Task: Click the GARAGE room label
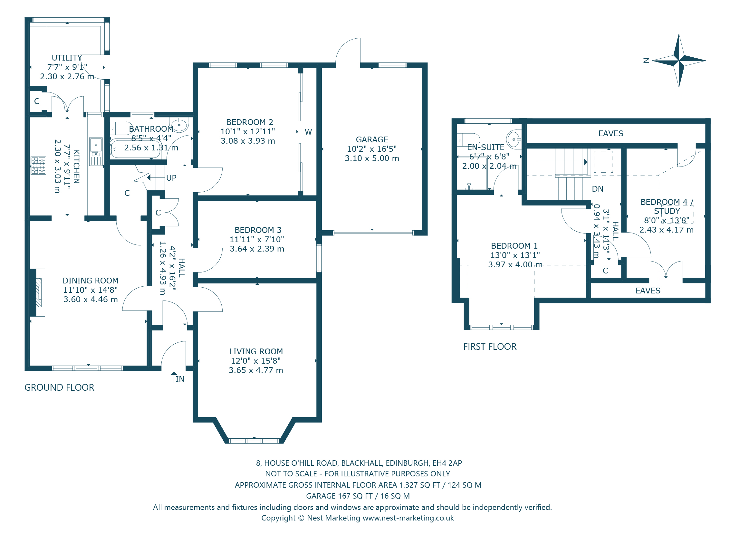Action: (x=371, y=139)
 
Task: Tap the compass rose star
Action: (x=678, y=61)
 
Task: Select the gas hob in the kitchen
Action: (x=38, y=166)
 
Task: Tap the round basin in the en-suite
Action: (x=514, y=139)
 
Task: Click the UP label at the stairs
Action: (x=171, y=178)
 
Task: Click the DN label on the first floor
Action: (x=597, y=189)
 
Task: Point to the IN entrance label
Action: (x=179, y=379)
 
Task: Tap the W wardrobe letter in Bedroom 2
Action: (x=308, y=132)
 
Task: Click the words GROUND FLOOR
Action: (x=59, y=388)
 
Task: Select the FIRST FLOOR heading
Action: (x=489, y=347)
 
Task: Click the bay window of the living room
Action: (x=254, y=441)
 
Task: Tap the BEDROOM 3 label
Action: (x=258, y=230)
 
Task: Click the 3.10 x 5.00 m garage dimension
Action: (x=371, y=158)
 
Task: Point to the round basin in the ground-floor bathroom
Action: (x=179, y=125)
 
